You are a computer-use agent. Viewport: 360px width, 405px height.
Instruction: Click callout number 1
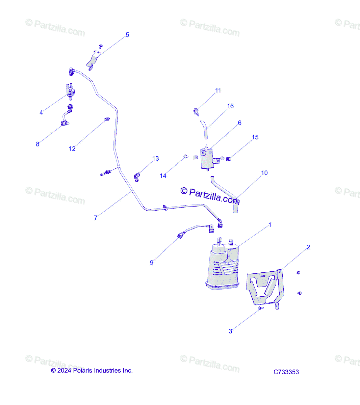(x=269, y=225)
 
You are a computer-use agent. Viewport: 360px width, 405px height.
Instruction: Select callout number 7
(x=96, y=218)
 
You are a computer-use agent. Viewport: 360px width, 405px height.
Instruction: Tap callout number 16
(x=230, y=106)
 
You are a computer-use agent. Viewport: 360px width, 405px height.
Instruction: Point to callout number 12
(x=72, y=148)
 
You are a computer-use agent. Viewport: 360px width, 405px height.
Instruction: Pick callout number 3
(x=230, y=331)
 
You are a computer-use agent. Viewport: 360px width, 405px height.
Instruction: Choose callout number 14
(x=163, y=175)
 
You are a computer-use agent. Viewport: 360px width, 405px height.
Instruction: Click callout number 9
(x=152, y=262)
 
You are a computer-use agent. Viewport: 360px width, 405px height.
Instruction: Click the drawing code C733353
(x=286, y=372)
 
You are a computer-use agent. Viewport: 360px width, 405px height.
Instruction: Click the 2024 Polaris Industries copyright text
(x=92, y=370)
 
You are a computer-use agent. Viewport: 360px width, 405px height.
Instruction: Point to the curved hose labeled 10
(x=225, y=194)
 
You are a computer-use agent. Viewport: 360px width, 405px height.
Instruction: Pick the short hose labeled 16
(x=204, y=130)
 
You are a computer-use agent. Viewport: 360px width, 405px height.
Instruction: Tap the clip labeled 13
(x=137, y=177)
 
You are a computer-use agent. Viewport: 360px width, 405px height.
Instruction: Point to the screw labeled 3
(x=260, y=308)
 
